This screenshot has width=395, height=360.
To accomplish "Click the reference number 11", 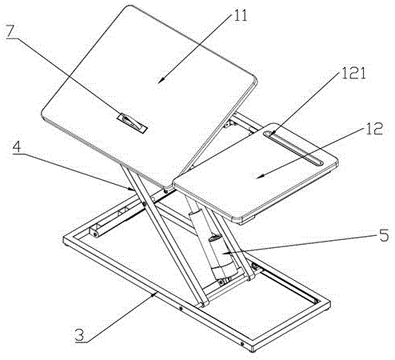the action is point(241,15).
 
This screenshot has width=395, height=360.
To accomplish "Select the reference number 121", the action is point(354,73).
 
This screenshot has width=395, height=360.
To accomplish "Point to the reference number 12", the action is point(374,128).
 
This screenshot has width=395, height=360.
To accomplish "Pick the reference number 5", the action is point(384,235).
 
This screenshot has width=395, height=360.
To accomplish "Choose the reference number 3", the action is point(79,334).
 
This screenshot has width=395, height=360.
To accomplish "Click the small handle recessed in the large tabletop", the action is point(133,123).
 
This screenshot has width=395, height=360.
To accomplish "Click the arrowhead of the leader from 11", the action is point(160,81).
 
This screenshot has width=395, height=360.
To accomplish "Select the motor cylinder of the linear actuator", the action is point(224,256).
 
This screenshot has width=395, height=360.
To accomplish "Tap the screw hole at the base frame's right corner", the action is point(241,343).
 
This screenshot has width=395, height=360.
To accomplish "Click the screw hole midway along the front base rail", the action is point(181,309).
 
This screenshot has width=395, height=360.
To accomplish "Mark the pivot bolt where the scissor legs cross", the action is point(144,204).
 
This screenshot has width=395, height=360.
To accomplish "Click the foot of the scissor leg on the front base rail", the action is point(201,302).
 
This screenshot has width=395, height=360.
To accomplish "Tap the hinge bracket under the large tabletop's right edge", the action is point(229,123).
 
